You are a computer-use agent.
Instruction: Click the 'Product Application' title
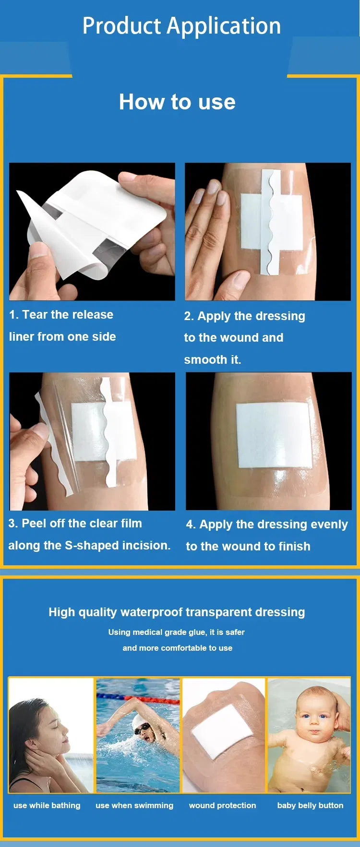pyautogui.click(x=181, y=26)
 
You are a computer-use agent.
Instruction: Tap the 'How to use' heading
pyautogui.click(x=177, y=102)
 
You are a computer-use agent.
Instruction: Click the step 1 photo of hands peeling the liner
pyautogui.click(x=92, y=232)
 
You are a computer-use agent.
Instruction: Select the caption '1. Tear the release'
pyautogui.click(x=61, y=314)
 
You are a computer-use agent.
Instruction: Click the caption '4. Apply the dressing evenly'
pyautogui.click(x=267, y=525)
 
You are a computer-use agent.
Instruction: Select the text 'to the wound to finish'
pyautogui.click(x=248, y=546)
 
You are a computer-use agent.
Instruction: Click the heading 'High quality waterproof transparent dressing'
pyautogui.click(x=177, y=612)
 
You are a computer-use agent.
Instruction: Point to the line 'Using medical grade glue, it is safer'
pyautogui.click(x=177, y=632)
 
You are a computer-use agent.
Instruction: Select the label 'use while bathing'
pyautogui.click(x=47, y=805)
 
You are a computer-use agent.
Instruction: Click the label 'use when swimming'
pyautogui.click(x=134, y=805)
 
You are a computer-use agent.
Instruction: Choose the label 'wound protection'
pyautogui.click(x=223, y=805)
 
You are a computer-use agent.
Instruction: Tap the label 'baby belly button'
pyautogui.click(x=311, y=805)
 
